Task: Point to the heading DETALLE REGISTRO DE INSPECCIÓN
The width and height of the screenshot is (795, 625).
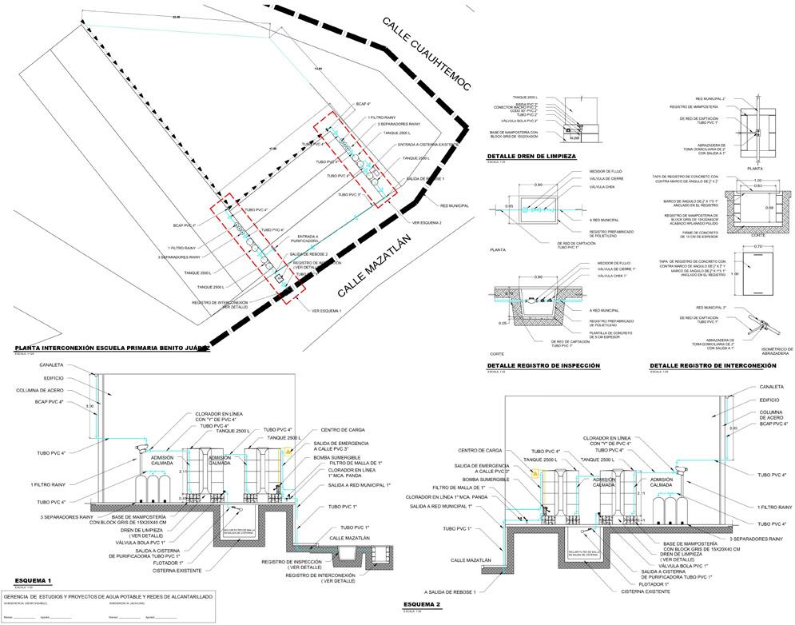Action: pyautogui.click(x=543, y=366)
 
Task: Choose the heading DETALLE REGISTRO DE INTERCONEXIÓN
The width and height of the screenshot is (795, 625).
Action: pyautogui.click(x=713, y=366)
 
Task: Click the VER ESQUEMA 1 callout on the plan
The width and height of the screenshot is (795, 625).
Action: pyautogui.click(x=327, y=309)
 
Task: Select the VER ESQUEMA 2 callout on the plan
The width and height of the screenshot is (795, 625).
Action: pyautogui.click(x=427, y=222)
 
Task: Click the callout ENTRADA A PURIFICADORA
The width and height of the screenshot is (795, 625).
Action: pyautogui.click(x=308, y=239)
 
